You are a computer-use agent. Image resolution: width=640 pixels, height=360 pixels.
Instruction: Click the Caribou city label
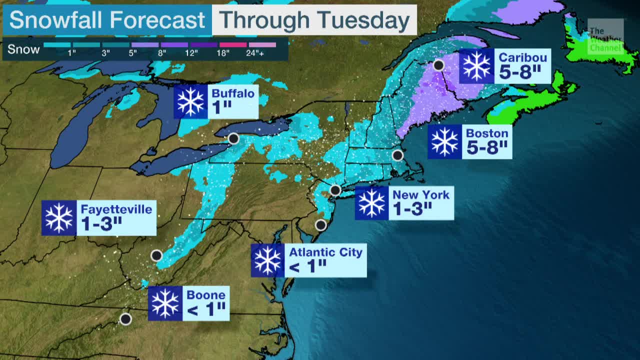point(522,57)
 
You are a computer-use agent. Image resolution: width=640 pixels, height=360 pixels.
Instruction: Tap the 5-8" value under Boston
point(486,148)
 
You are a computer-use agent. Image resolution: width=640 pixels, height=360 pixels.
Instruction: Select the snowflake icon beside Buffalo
point(191,101)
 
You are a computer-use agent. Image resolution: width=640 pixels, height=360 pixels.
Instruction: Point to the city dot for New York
point(335,190)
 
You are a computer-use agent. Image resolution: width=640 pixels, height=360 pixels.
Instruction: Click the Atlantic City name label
point(325,252)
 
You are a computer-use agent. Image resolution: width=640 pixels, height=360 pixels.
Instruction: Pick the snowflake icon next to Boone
point(165,303)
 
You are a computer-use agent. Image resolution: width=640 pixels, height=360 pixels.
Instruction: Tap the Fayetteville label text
point(116,209)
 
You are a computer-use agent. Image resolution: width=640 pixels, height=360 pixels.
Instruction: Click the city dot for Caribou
point(438,65)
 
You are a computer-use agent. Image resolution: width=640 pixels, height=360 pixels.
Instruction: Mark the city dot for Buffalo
point(233,138)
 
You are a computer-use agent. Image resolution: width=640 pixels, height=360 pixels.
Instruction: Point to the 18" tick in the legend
point(223,52)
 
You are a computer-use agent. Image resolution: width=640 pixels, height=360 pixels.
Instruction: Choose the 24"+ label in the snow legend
point(262,52)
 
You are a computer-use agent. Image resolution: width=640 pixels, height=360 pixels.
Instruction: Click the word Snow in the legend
point(23,49)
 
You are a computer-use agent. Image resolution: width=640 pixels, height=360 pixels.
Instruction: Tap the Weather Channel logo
point(605,38)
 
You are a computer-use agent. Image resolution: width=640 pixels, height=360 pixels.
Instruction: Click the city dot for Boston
point(397,155)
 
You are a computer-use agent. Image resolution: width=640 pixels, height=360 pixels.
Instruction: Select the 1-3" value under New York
point(412,209)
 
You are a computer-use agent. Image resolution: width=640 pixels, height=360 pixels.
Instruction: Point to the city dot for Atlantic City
point(320,225)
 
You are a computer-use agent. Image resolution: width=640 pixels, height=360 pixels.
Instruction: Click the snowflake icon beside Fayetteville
point(59,218)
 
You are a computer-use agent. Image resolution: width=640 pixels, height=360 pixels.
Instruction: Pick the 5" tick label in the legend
point(132,52)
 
